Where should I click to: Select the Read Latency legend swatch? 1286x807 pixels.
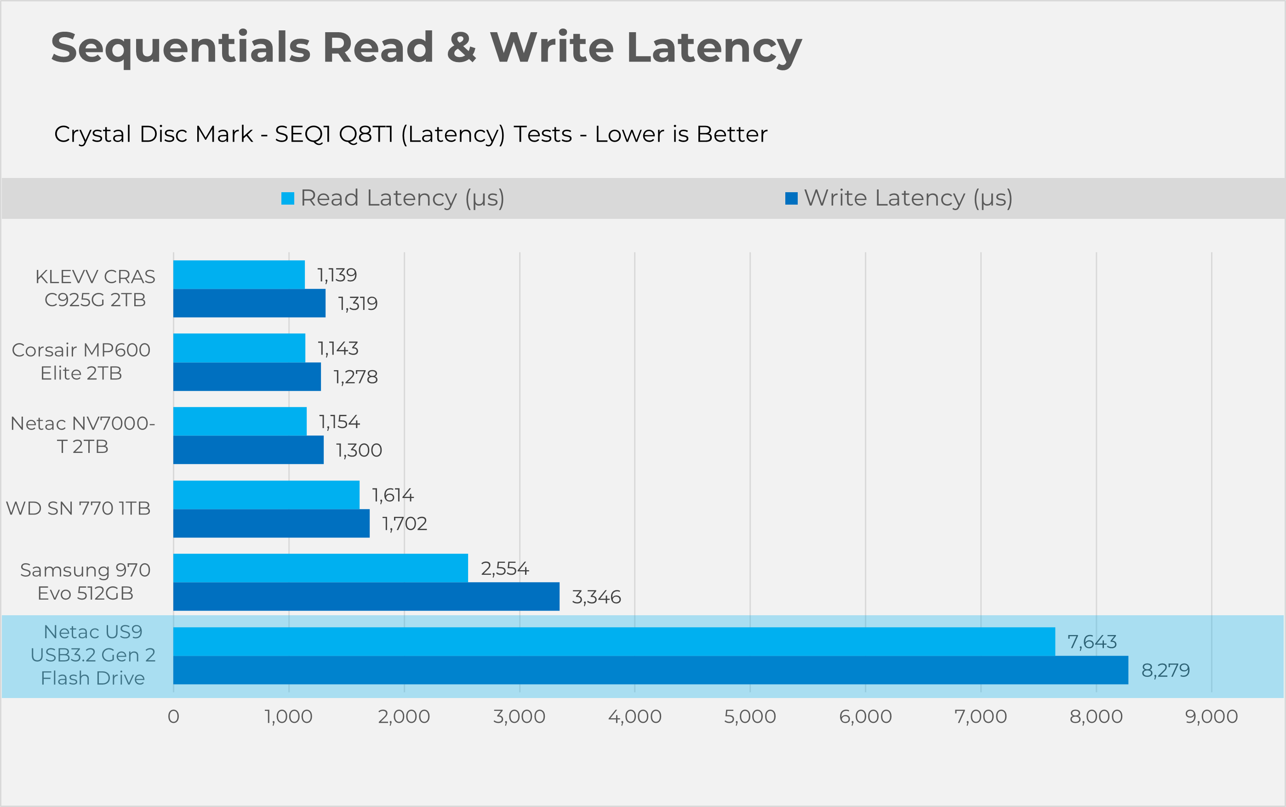coord(288,199)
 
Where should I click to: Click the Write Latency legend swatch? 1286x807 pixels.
coord(791,199)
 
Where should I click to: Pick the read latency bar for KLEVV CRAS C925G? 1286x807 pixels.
coord(239,275)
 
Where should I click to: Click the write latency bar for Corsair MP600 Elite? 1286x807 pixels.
coord(247,377)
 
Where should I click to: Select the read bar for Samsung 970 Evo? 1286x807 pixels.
coord(320,568)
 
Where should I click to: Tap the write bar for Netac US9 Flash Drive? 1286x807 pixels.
coord(651,670)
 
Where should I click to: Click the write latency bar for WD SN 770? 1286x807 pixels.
coord(271,523)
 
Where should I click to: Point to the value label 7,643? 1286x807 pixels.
coord(1092,641)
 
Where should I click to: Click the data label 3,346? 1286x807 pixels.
coord(596,597)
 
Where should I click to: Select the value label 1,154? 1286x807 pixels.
coord(339,422)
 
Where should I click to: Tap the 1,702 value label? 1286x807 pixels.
coord(405,524)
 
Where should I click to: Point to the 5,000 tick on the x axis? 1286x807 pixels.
coord(750,716)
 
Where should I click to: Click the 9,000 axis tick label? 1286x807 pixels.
coord(1212,716)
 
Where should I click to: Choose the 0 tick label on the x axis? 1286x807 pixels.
coord(173,716)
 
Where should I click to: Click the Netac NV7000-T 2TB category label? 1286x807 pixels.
coord(83,435)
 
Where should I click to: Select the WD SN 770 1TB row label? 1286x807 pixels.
coord(79,508)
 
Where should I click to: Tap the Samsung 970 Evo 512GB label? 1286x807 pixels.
coord(86,581)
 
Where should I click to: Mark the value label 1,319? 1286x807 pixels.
coord(358,303)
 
